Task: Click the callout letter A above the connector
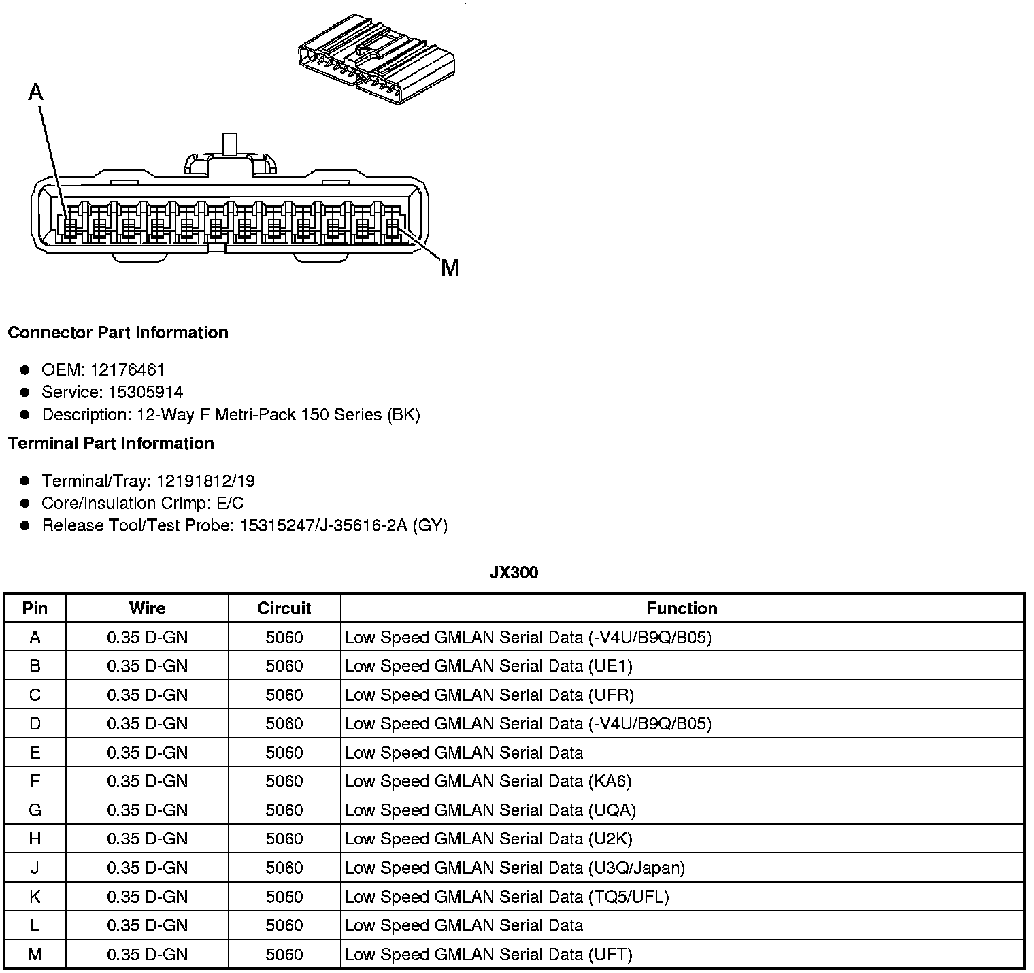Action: (35, 92)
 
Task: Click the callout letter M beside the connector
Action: (450, 268)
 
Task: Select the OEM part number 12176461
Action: (127, 370)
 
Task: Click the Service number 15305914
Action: (146, 392)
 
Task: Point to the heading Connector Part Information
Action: (118, 333)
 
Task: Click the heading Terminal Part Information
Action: (111, 444)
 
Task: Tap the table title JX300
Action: (514, 573)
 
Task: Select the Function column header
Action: (682, 608)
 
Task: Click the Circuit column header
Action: (284, 608)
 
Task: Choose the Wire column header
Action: (147, 608)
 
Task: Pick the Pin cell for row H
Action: (35, 839)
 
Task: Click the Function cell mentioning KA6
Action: (488, 781)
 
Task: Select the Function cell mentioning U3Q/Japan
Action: (514, 868)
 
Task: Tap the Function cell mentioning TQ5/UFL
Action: (507, 897)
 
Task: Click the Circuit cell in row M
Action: (284, 954)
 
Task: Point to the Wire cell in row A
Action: (147, 638)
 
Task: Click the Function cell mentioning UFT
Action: (488, 954)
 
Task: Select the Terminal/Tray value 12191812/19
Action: (205, 481)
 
